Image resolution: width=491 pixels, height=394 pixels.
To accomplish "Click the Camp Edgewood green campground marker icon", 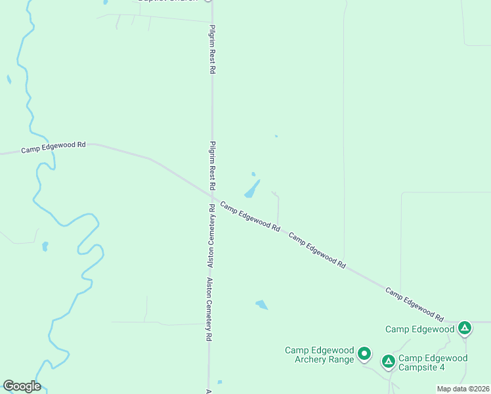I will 465,327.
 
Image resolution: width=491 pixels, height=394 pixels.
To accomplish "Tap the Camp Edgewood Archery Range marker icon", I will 365,354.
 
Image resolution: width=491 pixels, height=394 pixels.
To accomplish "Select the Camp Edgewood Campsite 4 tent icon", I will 389,361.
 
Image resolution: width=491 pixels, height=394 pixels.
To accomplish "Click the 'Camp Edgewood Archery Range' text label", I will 319,355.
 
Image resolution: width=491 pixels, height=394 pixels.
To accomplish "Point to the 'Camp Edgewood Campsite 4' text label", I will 433,362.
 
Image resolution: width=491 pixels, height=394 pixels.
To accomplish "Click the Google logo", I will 21,386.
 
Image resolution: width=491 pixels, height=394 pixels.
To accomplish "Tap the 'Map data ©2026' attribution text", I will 463,389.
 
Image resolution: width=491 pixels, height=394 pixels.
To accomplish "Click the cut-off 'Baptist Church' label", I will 168,1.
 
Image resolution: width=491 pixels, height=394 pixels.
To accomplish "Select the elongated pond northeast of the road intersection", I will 252,189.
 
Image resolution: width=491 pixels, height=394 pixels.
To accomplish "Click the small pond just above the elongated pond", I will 253,174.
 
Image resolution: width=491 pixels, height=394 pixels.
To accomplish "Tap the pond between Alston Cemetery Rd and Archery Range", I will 262,305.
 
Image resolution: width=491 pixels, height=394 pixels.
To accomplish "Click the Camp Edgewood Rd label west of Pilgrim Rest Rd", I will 54,148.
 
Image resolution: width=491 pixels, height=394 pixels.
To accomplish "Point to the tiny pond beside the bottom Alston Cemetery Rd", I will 219,382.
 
